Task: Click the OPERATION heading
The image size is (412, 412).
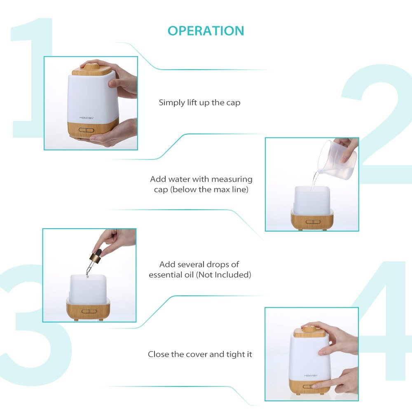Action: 206,31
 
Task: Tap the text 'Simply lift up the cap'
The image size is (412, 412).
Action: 199,103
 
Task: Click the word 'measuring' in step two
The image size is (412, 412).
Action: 232,179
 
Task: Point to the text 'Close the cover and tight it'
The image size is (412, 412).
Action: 200,354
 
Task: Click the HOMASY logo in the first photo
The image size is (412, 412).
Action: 87,118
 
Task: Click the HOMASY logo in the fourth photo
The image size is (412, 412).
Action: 311,375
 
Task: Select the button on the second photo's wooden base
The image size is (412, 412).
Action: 313,222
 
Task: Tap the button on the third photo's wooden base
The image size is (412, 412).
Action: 89,311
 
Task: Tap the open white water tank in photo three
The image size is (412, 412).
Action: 88,289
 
